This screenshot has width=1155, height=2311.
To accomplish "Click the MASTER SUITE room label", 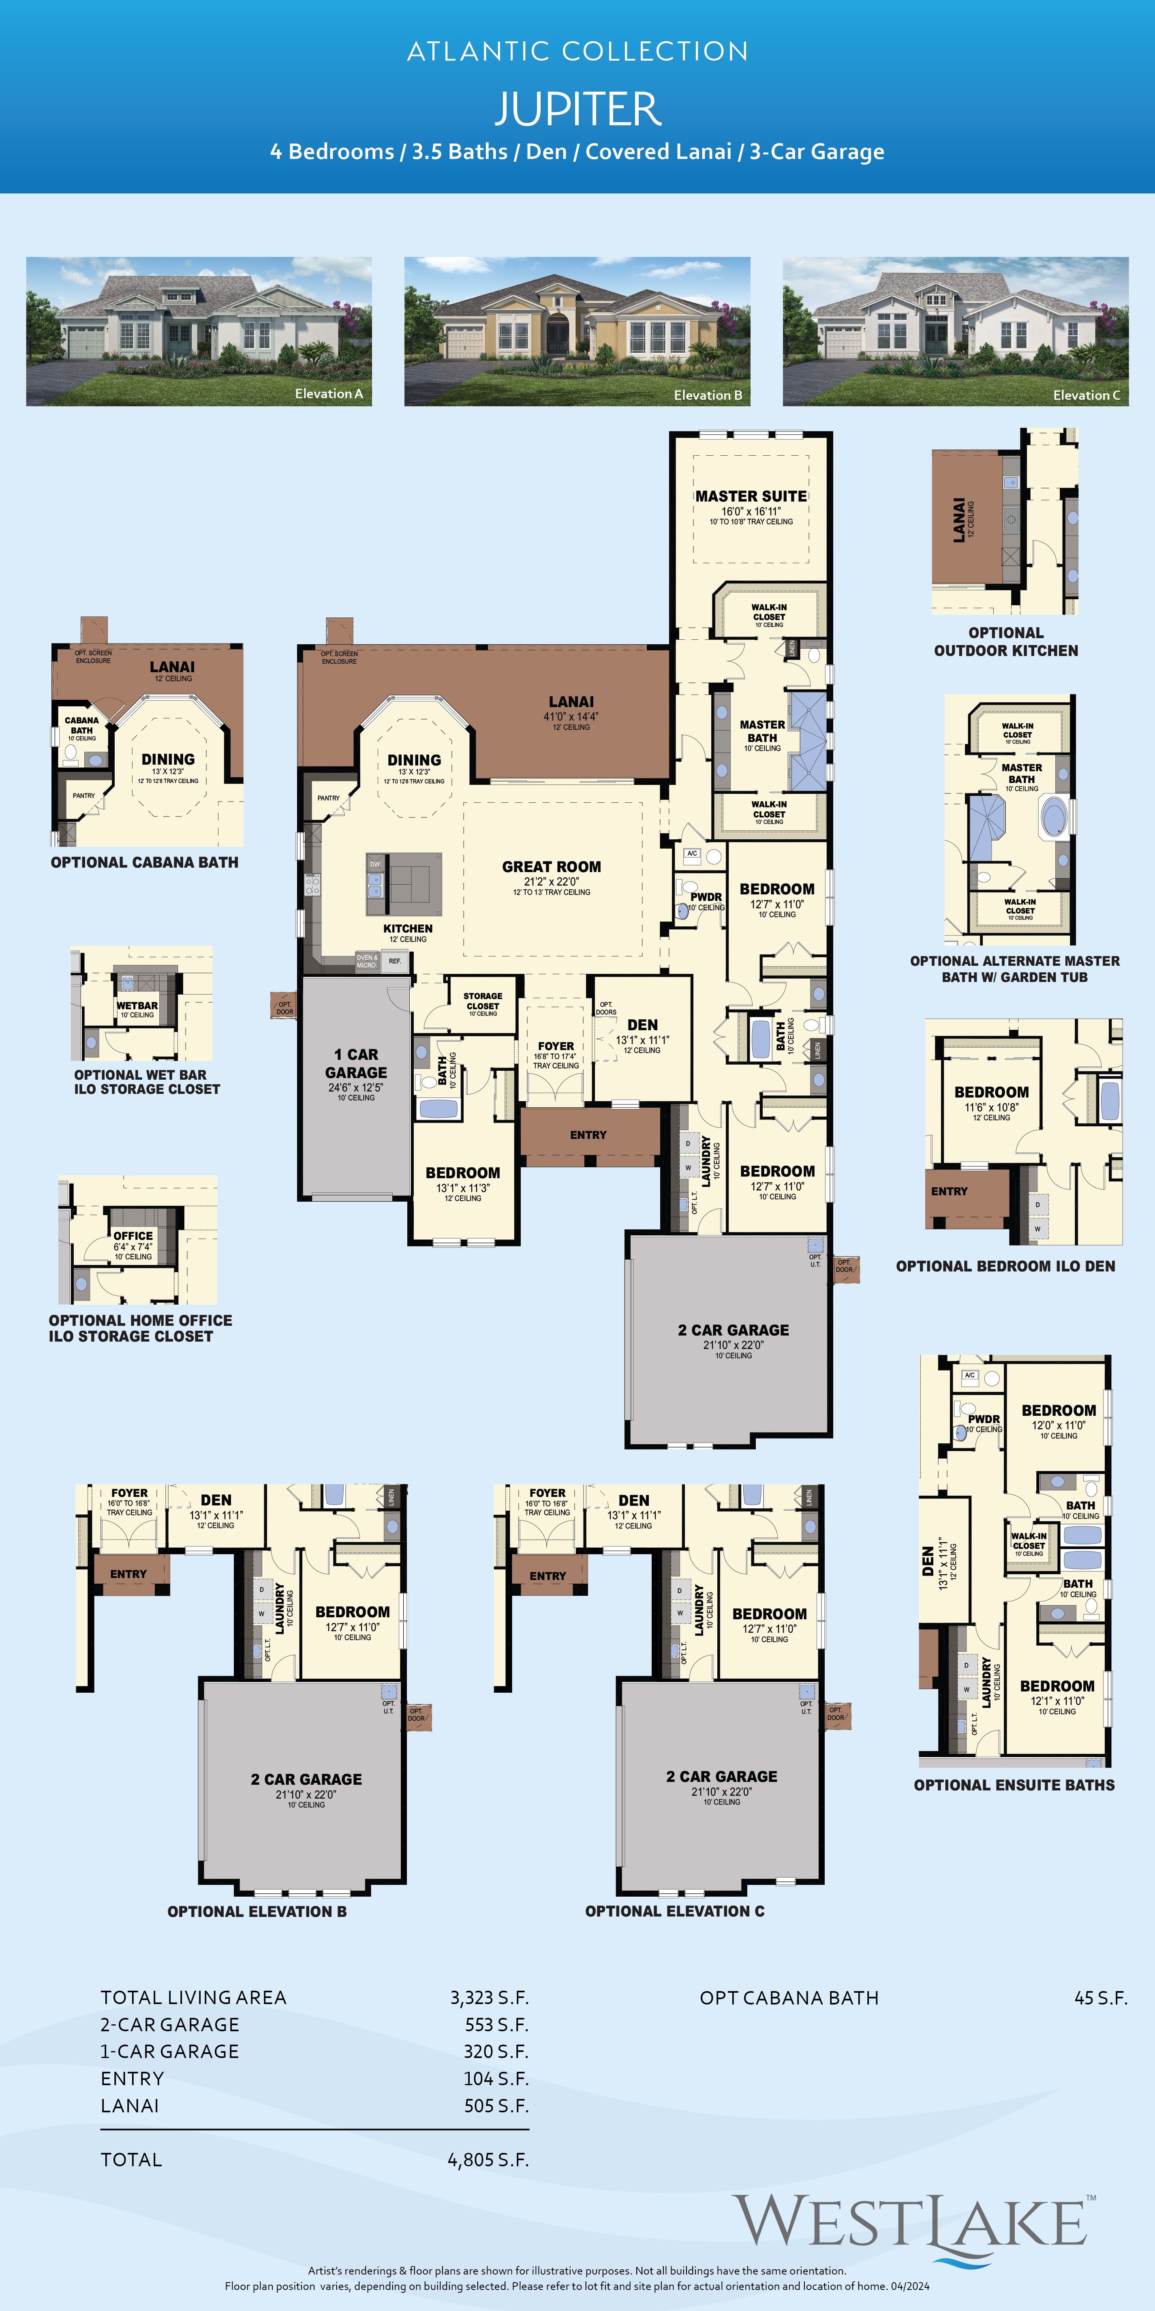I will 751,496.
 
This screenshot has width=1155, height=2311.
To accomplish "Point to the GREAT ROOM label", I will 552,867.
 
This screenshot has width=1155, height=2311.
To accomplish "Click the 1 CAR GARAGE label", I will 356,1063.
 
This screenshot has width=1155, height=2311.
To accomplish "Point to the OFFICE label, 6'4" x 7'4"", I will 133,1236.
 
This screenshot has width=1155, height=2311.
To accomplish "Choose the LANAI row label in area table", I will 130,2105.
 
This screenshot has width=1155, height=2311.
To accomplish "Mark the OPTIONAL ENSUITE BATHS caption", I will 1014,1785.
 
